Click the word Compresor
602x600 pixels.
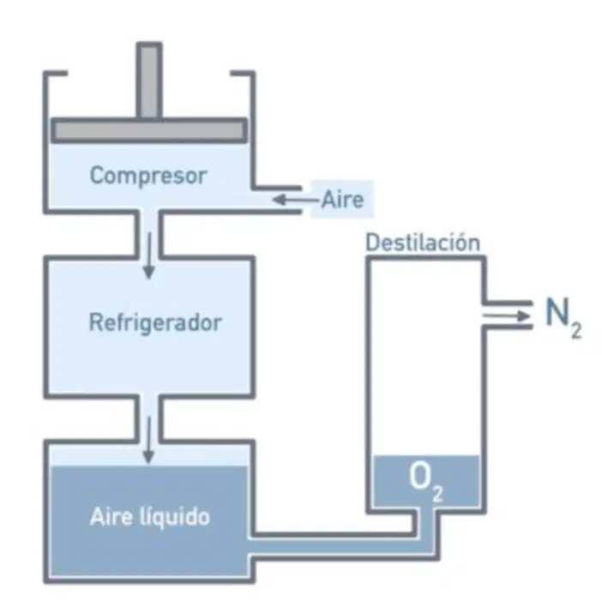click(x=148, y=176)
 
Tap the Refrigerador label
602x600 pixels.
click(x=155, y=322)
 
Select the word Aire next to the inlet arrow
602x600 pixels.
click(x=342, y=200)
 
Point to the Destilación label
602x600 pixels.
click(x=423, y=243)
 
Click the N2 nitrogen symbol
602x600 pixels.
click(x=563, y=318)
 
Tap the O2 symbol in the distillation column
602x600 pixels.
click(x=426, y=481)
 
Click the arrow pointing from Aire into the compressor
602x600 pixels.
click(x=296, y=200)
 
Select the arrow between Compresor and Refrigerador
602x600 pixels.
click(x=149, y=255)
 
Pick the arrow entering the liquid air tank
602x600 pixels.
click(x=148, y=440)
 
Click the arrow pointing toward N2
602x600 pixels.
click(x=507, y=316)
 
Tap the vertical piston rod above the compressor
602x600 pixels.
click(x=149, y=81)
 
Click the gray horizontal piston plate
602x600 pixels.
click(x=149, y=130)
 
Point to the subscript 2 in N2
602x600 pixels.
click(x=576, y=330)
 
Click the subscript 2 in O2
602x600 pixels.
click(x=437, y=494)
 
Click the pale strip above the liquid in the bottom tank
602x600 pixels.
click(x=149, y=455)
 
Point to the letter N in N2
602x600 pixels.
click(x=557, y=312)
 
